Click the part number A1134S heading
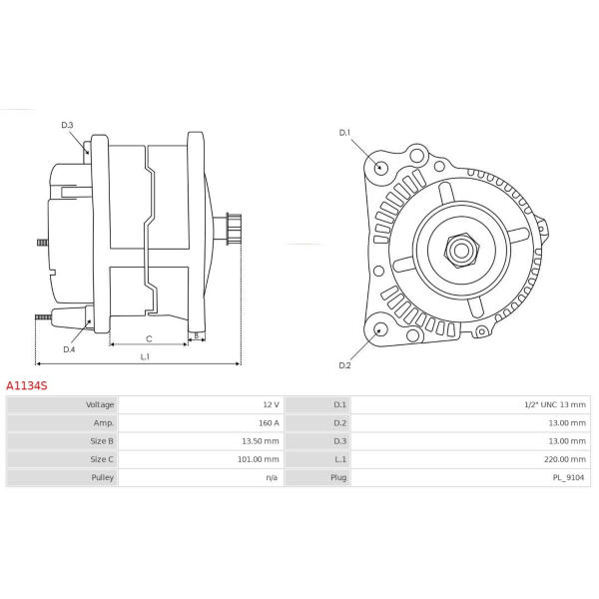(27, 385)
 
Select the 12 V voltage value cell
(271, 404)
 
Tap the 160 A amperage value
(269, 423)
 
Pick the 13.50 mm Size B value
(261, 441)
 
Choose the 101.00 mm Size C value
(259, 459)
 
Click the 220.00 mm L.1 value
(565, 459)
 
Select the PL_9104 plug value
(569, 477)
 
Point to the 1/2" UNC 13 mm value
(555, 404)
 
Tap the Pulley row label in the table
(103, 477)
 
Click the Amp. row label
(104, 423)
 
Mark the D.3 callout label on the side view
(67, 125)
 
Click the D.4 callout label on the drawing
(69, 349)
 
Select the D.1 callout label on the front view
(344, 133)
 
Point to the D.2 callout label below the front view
(344, 365)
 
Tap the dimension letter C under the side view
(149, 338)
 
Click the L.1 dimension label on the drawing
(145, 356)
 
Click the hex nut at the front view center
(461, 251)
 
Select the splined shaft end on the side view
(234, 229)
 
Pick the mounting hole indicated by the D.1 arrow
(379, 168)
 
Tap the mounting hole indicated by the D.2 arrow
(379, 329)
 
